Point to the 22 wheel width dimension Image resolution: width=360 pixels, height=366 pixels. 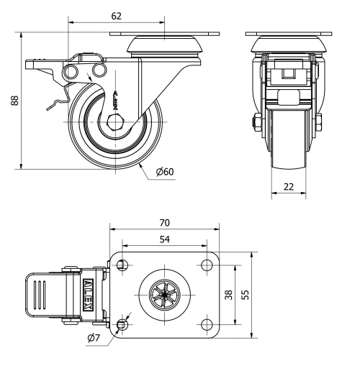[x=288, y=186]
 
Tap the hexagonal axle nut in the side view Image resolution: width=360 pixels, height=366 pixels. [x=115, y=120]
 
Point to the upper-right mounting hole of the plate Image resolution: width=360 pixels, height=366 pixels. [x=206, y=263]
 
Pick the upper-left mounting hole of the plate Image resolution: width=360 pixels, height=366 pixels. [x=122, y=263]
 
